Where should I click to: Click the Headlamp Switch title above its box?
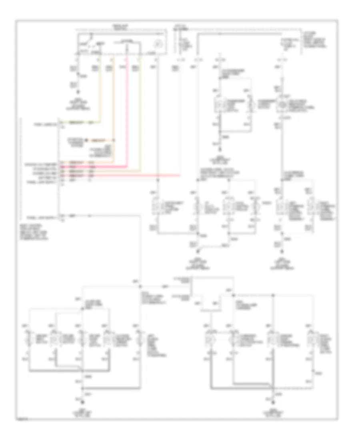118,27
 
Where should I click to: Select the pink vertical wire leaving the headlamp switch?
127,108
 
